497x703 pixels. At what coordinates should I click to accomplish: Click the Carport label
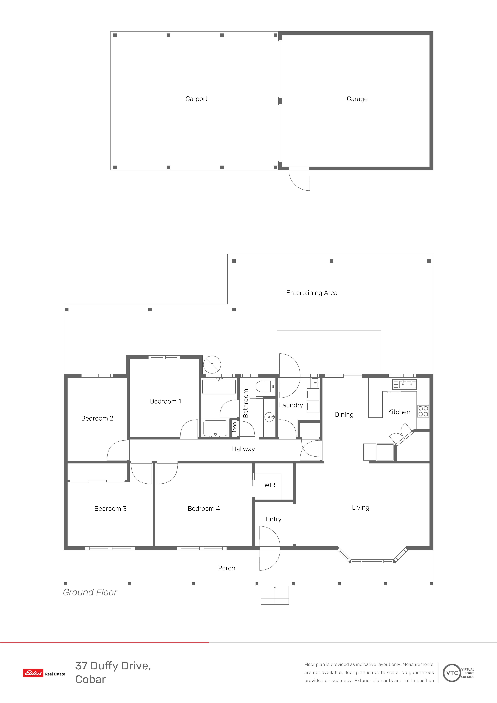point(196,99)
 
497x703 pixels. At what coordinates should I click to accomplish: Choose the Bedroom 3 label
point(110,509)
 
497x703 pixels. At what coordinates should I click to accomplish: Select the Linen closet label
point(234,428)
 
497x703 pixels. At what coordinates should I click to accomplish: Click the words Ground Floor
point(90,592)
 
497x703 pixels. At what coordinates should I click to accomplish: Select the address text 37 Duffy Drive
point(113,666)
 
